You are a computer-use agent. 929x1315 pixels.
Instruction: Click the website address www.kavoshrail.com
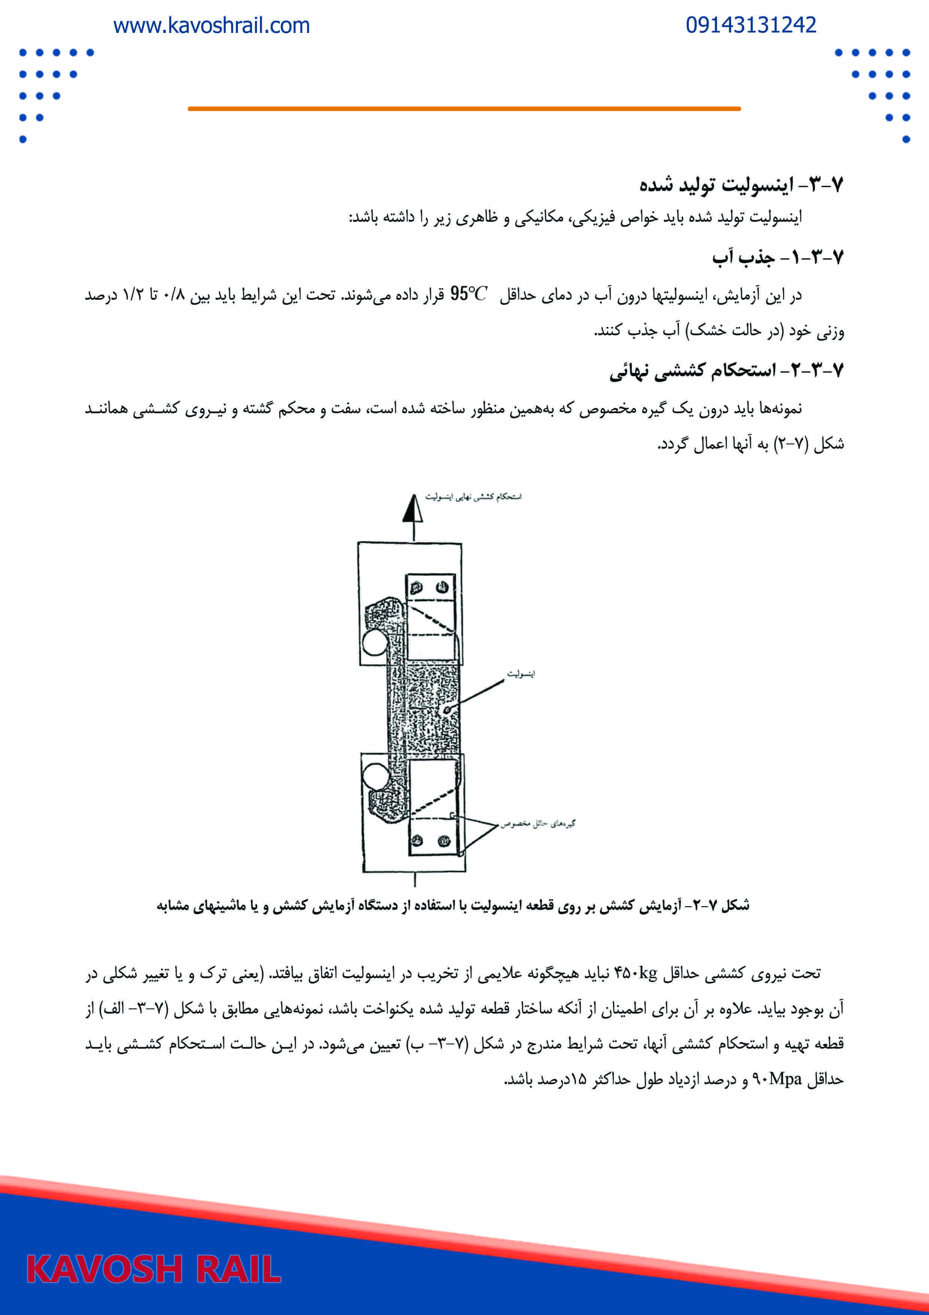[x=211, y=26]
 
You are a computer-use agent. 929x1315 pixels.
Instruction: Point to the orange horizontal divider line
[x=464, y=108]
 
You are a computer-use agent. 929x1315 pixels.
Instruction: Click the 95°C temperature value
[x=468, y=294]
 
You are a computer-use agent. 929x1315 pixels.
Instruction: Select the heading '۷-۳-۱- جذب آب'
[x=777, y=257]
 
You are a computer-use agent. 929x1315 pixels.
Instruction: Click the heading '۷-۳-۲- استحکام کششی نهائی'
[x=726, y=371]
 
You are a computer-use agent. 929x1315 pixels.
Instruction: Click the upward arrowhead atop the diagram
[x=413, y=509]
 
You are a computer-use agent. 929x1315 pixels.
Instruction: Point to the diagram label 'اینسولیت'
[x=520, y=674]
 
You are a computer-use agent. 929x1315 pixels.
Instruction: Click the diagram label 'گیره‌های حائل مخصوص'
[x=538, y=824]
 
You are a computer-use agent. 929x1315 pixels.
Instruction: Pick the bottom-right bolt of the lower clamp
[x=444, y=841]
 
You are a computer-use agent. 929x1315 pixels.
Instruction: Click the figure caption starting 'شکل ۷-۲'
[x=453, y=906]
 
